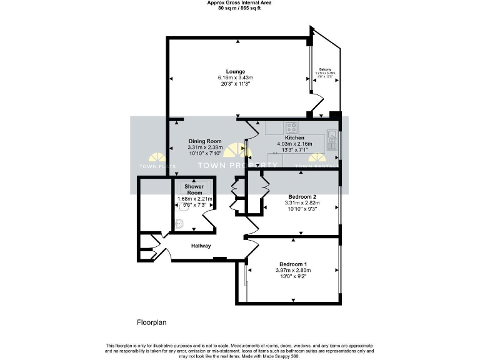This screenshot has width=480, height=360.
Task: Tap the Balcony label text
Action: pyautogui.click(x=325, y=69)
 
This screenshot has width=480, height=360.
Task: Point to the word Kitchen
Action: pyautogui.click(x=294, y=137)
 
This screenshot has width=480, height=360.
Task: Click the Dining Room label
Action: pyautogui.click(x=205, y=141)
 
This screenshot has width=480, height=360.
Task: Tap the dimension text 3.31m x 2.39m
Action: pyautogui.click(x=205, y=147)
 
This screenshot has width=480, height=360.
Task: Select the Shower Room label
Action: pyautogui.click(x=194, y=190)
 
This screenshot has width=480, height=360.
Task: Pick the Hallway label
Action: pyautogui.click(x=201, y=246)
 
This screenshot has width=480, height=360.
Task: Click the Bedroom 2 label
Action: pyautogui.click(x=293, y=196)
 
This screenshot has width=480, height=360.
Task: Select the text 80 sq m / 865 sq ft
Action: pyautogui.click(x=239, y=8)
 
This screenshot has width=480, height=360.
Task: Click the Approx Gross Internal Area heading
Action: pyautogui.click(x=239, y=2)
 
